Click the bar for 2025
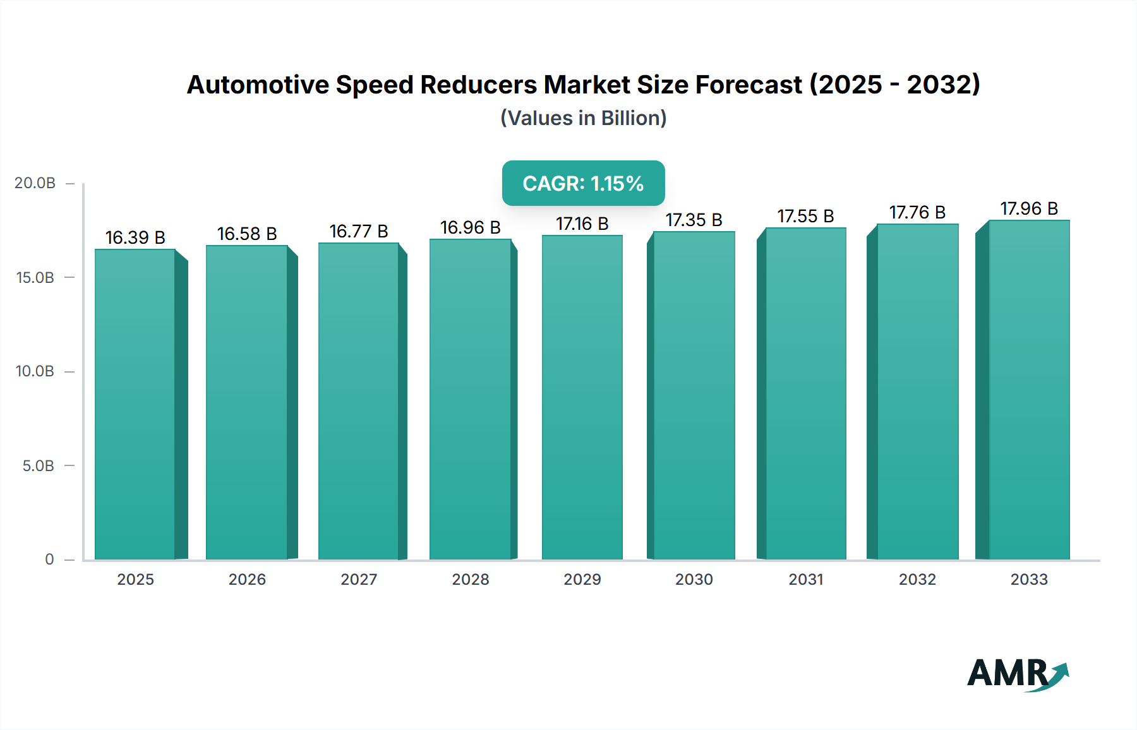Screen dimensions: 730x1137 pyautogui.click(x=135, y=404)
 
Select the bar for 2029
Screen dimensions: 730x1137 pyautogui.click(x=582, y=398)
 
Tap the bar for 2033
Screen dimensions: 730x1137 pyautogui.click(x=1029, y=390)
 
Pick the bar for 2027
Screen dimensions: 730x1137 pyautogui.click(x=359, y=401)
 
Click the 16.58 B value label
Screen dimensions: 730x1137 pyautogui.click(x=247, y=234)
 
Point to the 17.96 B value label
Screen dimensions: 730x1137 pyautogui.click(x=1029, y=209)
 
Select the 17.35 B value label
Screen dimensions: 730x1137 pyautogui.click(x=694, y=220)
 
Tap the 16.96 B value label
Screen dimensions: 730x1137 pyautogui.click(x=470, y=228)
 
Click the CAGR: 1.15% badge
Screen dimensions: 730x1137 pyautogui.click(x=583, y=183)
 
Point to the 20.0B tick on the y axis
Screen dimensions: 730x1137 pyautogui.click(x=35, y=183)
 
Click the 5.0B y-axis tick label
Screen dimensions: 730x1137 pyautogui.click(x=38, y=466)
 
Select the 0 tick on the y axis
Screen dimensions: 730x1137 pyautogui.click(x=49, y=559)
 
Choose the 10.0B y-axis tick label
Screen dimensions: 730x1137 pyautogui.click(x=35, y=371)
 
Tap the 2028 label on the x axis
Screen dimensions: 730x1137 pyautogui.click(x=471, y=580)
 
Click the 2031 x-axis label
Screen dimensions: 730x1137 pyautogui.click(x=806, y=580)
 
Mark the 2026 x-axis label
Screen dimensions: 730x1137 pyautogui.click(x=247, y=580)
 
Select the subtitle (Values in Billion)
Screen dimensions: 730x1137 pyautogui.click(x=583, y=118)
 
